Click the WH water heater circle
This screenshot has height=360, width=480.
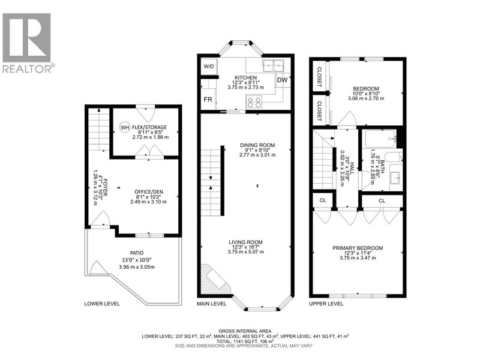[x=125, y=127]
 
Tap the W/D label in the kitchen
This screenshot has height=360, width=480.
[x=209, y=66]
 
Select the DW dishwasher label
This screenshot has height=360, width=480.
[x=282, y=79]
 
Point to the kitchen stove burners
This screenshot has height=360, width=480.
[x=253, y=101]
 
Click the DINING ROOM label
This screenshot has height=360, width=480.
[x=257, y=145]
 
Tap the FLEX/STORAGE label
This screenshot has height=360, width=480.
[x=149, y=127]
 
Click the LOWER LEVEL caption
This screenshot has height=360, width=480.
[x=102, y=304]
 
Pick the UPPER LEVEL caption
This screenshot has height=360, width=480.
[x=326, y=304]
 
